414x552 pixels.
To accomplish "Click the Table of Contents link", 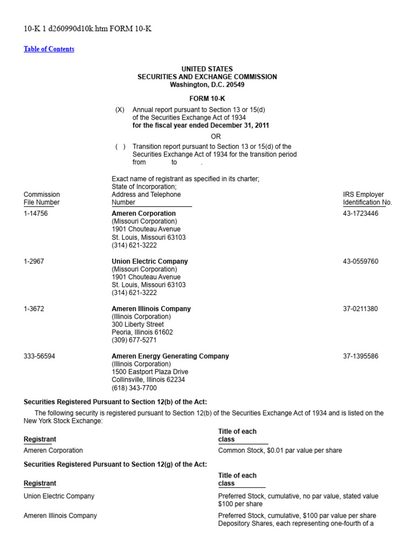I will point(49,49).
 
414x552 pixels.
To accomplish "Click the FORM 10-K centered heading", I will point(207,99).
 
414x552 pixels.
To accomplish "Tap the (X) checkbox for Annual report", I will point(120,109).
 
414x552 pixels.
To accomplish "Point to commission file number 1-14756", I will point(36,213).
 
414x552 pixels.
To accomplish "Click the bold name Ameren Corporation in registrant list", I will point(143,213).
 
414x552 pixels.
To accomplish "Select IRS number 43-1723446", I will point(361,213).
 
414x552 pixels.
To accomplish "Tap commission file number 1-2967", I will point(34,261).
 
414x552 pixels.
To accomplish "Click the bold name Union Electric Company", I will point(150,261).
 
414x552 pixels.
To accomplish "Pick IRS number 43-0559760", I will point(361,261).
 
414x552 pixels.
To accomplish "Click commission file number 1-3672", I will point(34,309).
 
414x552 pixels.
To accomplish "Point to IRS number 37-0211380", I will point(361,309).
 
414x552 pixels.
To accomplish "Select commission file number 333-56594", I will point(38,356).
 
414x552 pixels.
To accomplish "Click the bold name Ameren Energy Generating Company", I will point(170,356).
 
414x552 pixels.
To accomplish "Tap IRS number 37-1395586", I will point(361,356).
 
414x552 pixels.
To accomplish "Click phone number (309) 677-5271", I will point(134,341).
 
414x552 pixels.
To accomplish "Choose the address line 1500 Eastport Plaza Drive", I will point(150,372).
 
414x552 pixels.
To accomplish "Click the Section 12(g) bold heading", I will point(115,464).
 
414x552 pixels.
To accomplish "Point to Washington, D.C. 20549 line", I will point(207,85).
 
